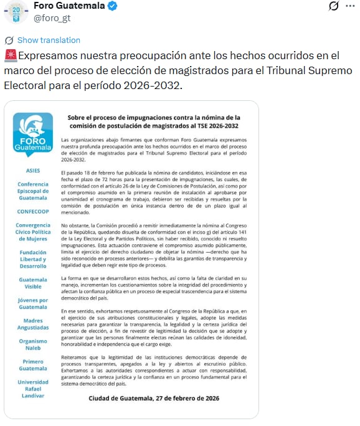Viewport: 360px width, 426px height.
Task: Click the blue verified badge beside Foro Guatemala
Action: [x=113, y=6]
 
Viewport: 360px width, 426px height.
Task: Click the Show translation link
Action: [x=49, y=40]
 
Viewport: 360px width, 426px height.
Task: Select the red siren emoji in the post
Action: [x=9, y=55]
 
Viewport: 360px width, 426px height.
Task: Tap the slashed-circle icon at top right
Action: [x=333, y=6]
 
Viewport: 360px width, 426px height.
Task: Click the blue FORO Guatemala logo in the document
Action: [x=33, y=136]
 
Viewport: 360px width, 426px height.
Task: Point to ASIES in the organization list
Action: [x=33, y=170]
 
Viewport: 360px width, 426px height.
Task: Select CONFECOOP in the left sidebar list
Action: [x=33, y=211]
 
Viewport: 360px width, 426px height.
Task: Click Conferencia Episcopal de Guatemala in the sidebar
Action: [x=33, y=191]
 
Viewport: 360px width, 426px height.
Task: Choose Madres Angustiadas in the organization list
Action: [x=33, y=324]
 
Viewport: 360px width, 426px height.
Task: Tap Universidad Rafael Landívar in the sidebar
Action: [x=33, y=389]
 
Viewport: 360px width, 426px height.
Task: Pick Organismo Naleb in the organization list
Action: [x=33, y=344]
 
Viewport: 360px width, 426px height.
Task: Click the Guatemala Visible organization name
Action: [x=33, y=283]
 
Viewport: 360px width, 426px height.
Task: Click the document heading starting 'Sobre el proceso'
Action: [x=153, y=121]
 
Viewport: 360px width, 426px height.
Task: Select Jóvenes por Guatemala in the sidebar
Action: [x=33, y=303]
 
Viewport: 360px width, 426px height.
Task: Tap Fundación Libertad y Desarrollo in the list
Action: [x=33, y=258]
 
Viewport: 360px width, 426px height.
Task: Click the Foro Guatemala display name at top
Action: [x=69, y=6]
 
